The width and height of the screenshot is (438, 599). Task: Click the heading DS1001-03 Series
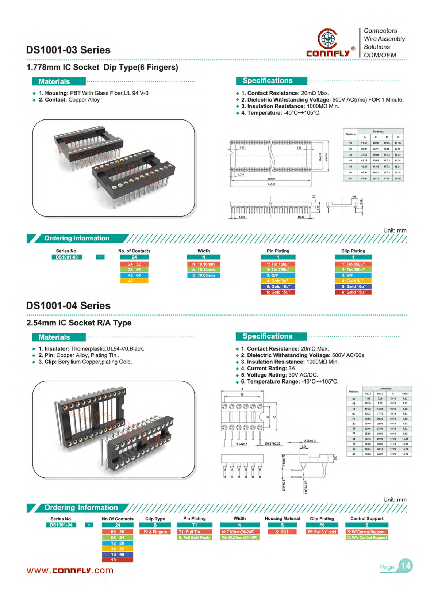[x=68, y=50]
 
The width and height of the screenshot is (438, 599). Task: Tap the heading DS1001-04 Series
[x=68, y=306]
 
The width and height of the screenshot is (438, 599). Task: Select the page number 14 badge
[x=406, y=566]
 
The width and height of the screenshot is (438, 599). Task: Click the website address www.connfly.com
[x=70, y=571]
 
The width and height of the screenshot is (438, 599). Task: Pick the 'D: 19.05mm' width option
[x=203, y=275]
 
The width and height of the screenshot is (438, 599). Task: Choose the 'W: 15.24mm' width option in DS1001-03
[x=203, y=270]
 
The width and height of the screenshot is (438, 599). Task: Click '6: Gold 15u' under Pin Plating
[x=278, y=292]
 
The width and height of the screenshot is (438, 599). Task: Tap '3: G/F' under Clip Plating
[x=353, y=275]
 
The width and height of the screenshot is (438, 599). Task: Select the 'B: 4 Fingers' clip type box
[x=155, y=532]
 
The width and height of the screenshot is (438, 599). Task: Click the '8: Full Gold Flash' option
[x=194, y=538]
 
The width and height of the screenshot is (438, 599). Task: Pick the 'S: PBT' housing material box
[x=282, y=532]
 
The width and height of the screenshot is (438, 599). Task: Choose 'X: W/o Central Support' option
[x=367, y=538]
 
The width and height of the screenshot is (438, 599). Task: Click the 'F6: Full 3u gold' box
[x=322, y=532]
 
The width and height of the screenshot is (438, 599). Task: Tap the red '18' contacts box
[x=118, y=560]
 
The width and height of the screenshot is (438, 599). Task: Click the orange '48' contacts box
[x=134, y=281]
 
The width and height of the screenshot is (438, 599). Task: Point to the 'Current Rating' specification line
[x=269, y=369]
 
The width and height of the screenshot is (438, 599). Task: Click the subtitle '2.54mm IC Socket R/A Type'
[x=79, y=323]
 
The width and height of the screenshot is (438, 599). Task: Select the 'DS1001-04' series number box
[x=61, y=525]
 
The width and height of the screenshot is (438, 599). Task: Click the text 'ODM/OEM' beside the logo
[x=380, y=55]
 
